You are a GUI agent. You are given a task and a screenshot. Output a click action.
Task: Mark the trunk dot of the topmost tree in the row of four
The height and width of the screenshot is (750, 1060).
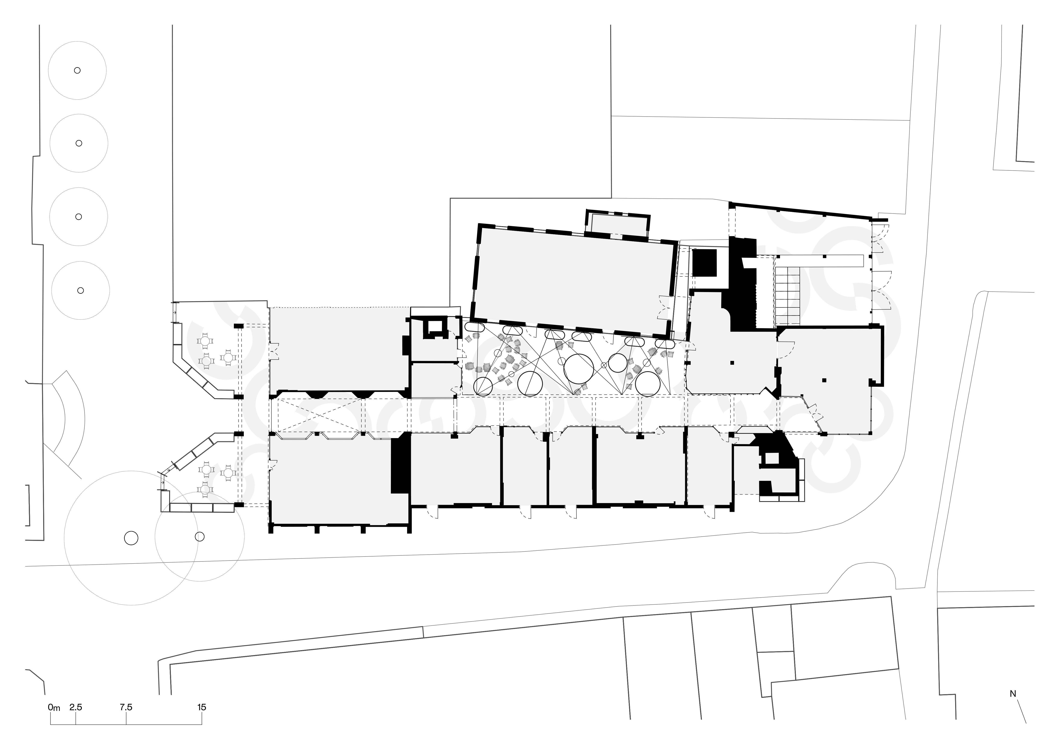pos(78,70)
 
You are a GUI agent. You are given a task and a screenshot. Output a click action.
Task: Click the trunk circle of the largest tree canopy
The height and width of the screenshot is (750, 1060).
pos(131,538)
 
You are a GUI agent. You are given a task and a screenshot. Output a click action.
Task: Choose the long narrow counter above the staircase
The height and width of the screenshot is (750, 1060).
pos(820,261)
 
